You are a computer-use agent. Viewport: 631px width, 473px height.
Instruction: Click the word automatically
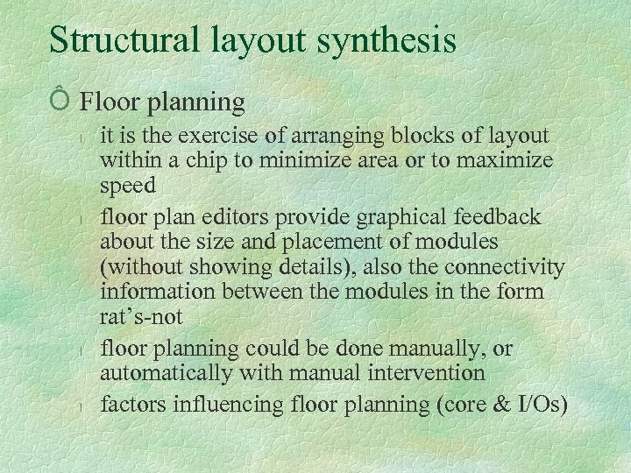click(166, 374)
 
